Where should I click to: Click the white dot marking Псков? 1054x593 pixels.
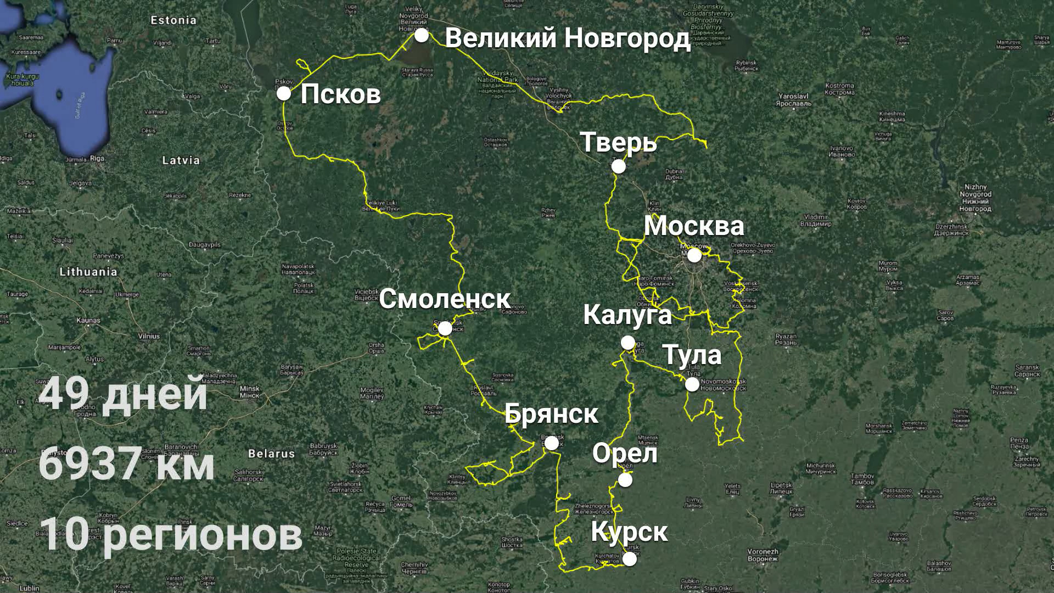283,93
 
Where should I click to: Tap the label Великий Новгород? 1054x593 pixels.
567,38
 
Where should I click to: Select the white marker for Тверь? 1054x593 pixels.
619,166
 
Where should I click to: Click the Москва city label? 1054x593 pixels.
694,226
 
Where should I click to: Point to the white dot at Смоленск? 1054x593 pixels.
445,328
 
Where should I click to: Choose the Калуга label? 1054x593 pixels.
627,315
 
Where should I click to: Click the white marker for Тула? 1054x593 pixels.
692,384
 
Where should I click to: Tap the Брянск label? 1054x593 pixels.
551,413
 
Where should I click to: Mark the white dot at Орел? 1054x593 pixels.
625,480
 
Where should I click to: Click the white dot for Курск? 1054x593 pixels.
630,559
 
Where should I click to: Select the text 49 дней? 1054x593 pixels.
123,394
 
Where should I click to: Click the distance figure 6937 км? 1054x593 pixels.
126,464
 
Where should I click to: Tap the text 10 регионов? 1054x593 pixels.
170,534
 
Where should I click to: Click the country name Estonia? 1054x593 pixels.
173,20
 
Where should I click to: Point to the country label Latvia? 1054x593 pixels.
181,160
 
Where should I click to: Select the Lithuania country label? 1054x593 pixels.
88,272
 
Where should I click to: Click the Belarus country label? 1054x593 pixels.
271,454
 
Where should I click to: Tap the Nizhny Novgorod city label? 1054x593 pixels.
975,198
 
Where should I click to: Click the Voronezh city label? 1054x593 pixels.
763,555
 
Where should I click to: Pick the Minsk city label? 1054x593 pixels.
250,391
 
